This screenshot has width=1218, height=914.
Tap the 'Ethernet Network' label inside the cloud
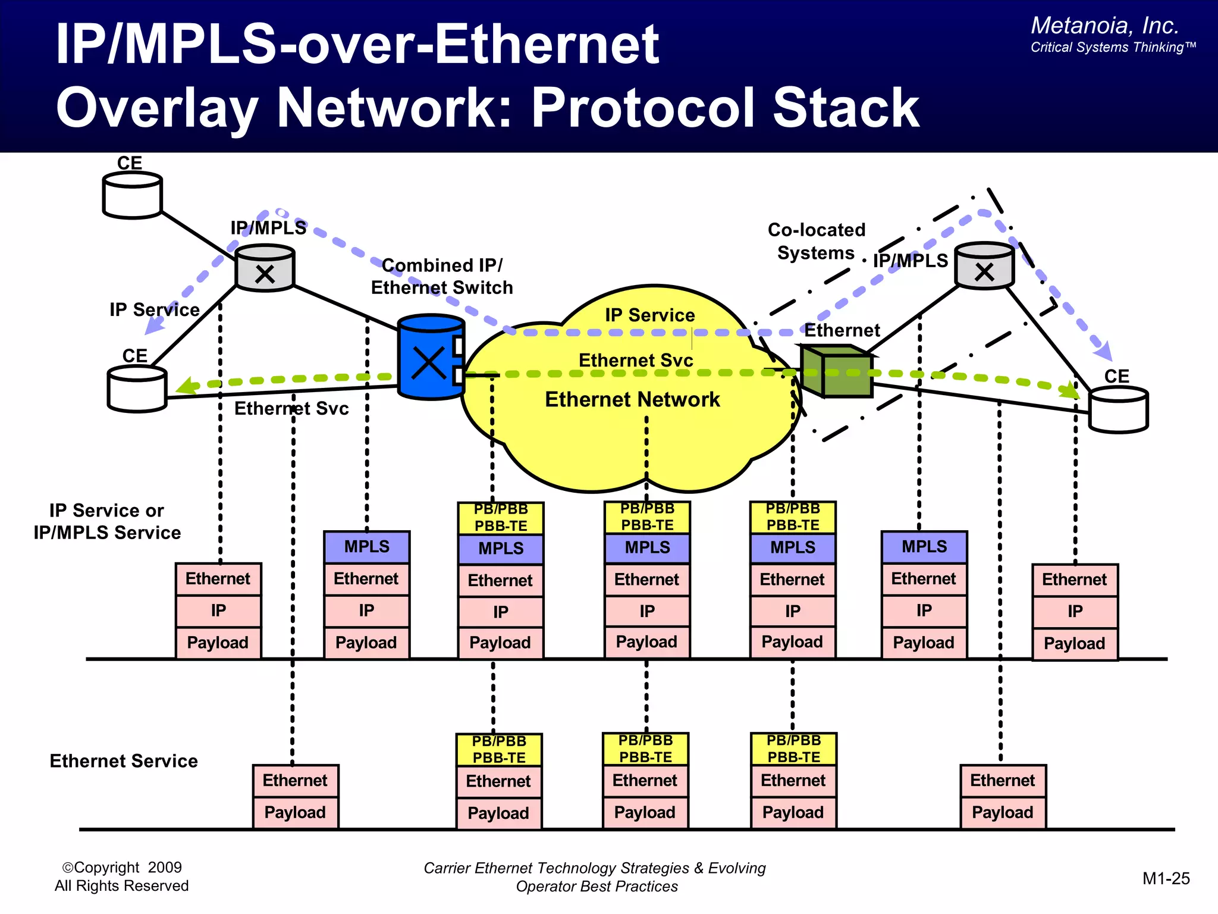tap(632, 399)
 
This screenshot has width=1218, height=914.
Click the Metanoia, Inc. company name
tap(1104, 26)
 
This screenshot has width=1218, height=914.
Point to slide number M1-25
tap(1166, 878)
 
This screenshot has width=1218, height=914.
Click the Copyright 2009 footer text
tap(122, 868)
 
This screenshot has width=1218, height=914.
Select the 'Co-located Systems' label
tap(816, 241)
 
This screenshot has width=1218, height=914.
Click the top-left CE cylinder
tap(132, 195)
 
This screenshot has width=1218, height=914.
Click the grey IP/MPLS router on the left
tap(265, 268)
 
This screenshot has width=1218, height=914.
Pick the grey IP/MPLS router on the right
tap(984, 267)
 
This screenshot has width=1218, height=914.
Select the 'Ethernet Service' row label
tap(124, 761)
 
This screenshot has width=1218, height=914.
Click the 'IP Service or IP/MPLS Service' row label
tap(107, 521)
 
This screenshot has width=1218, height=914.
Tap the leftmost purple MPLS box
tap(366, 547)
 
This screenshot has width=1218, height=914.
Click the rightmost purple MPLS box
tap(924, 547)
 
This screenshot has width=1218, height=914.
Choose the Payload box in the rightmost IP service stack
tap(1074, 643)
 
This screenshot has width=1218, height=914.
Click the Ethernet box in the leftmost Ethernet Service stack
tap(295, 781)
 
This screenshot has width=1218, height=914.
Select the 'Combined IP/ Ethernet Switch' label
tap(441, 276)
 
